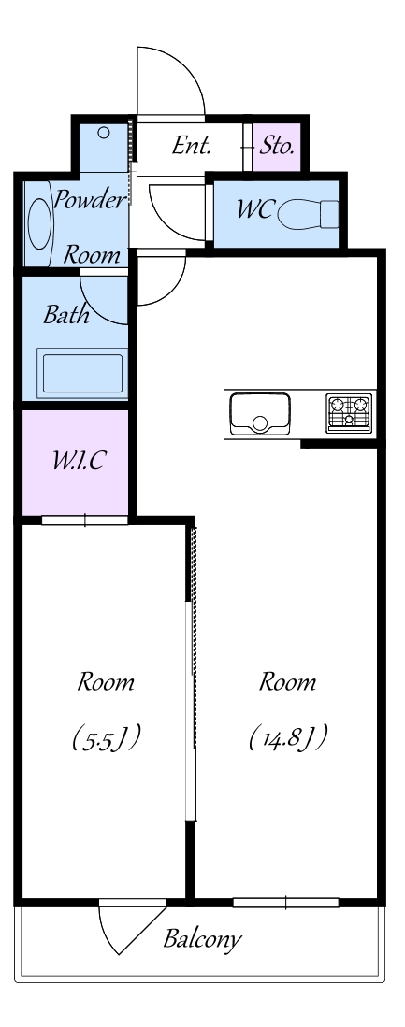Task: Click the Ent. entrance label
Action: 192,146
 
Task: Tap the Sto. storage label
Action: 277,146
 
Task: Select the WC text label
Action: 254,210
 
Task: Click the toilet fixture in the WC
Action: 308,214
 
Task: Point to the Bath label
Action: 66,315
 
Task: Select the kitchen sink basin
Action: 260,414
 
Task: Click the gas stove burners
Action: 349,413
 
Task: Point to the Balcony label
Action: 202,940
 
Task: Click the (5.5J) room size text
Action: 107,737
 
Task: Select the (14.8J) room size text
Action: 288,737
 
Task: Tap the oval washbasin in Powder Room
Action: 39,223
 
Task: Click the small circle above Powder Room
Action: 104,133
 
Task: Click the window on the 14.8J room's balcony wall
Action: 285,903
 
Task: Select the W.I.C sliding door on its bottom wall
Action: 84,521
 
